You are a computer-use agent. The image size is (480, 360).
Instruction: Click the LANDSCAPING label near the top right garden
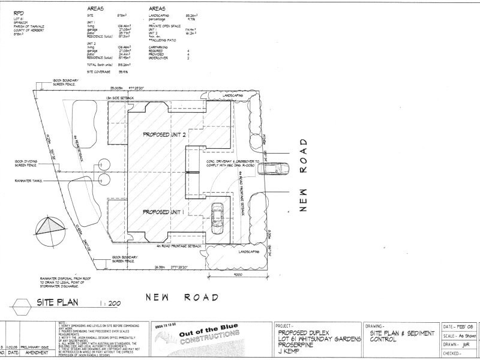click(x=234, y=95)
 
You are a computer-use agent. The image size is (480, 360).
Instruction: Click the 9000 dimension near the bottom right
click(x=238, y=274)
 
